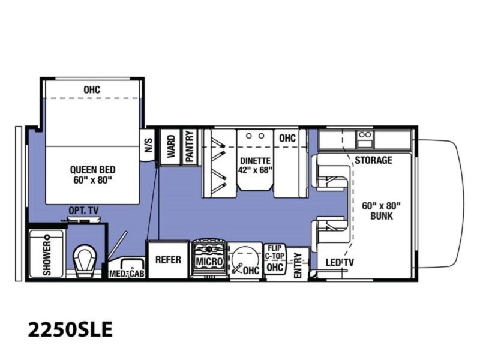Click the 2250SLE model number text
(x=70, y=329)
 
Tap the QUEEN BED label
(x=93, y=170)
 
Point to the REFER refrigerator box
(x=168, y=260)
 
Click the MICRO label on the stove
(x=209, y=262)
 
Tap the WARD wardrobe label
(x=171, y=146)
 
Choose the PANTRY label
(x=190, y=146)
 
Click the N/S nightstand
(x=148, y=145)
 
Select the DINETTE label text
(x=256, y=161)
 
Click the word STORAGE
(x=373, y=160)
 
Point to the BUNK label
(x=382, y=216)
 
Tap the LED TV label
(x=340, y=262)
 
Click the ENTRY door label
(x=298, y=266)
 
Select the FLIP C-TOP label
(x=275, y=252)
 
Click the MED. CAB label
(x=127, y=274)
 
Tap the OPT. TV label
(x=83, y=211)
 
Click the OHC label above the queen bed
(x=92, y=89)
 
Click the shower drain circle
(x=47, y=237)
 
